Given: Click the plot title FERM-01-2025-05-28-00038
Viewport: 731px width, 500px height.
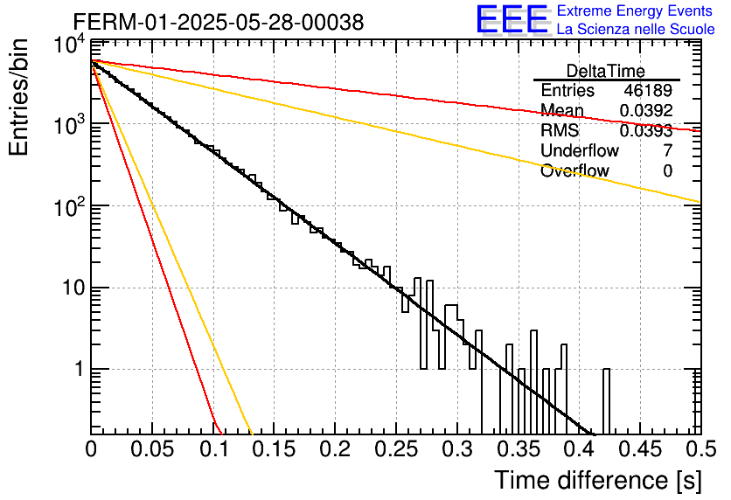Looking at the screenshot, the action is coord(219,22).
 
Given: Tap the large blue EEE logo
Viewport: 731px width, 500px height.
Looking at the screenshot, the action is coord(512,19).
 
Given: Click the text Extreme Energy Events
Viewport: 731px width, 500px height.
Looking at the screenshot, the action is coord(635,10).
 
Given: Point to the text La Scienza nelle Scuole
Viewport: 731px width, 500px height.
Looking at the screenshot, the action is coord(636,29).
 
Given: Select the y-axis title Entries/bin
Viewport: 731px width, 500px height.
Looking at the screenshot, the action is coord(18,97).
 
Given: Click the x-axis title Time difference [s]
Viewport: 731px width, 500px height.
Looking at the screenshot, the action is coord(598,481).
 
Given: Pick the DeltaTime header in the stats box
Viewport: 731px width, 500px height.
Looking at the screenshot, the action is coord(606,71).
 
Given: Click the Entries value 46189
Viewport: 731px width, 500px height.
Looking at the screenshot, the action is coord(648,90).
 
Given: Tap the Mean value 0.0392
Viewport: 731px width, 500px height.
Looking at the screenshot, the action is coord(646,110).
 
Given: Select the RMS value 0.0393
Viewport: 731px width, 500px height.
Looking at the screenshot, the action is coord(646,131).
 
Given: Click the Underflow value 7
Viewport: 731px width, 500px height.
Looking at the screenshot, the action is coord(667,150).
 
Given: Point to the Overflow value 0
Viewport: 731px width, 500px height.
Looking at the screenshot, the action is coord(667,171).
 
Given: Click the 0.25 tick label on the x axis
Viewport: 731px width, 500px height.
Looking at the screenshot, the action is coord(396,449).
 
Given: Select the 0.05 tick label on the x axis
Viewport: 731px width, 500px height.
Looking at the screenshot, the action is coord(152,449).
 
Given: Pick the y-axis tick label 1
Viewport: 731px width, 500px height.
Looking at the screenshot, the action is coord(80,369).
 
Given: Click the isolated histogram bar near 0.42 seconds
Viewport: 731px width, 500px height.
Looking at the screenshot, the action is coord(606,401).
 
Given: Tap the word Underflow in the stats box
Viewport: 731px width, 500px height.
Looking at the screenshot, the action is coord(580,150).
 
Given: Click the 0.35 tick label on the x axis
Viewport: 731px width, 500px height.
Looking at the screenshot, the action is coord(518,449).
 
